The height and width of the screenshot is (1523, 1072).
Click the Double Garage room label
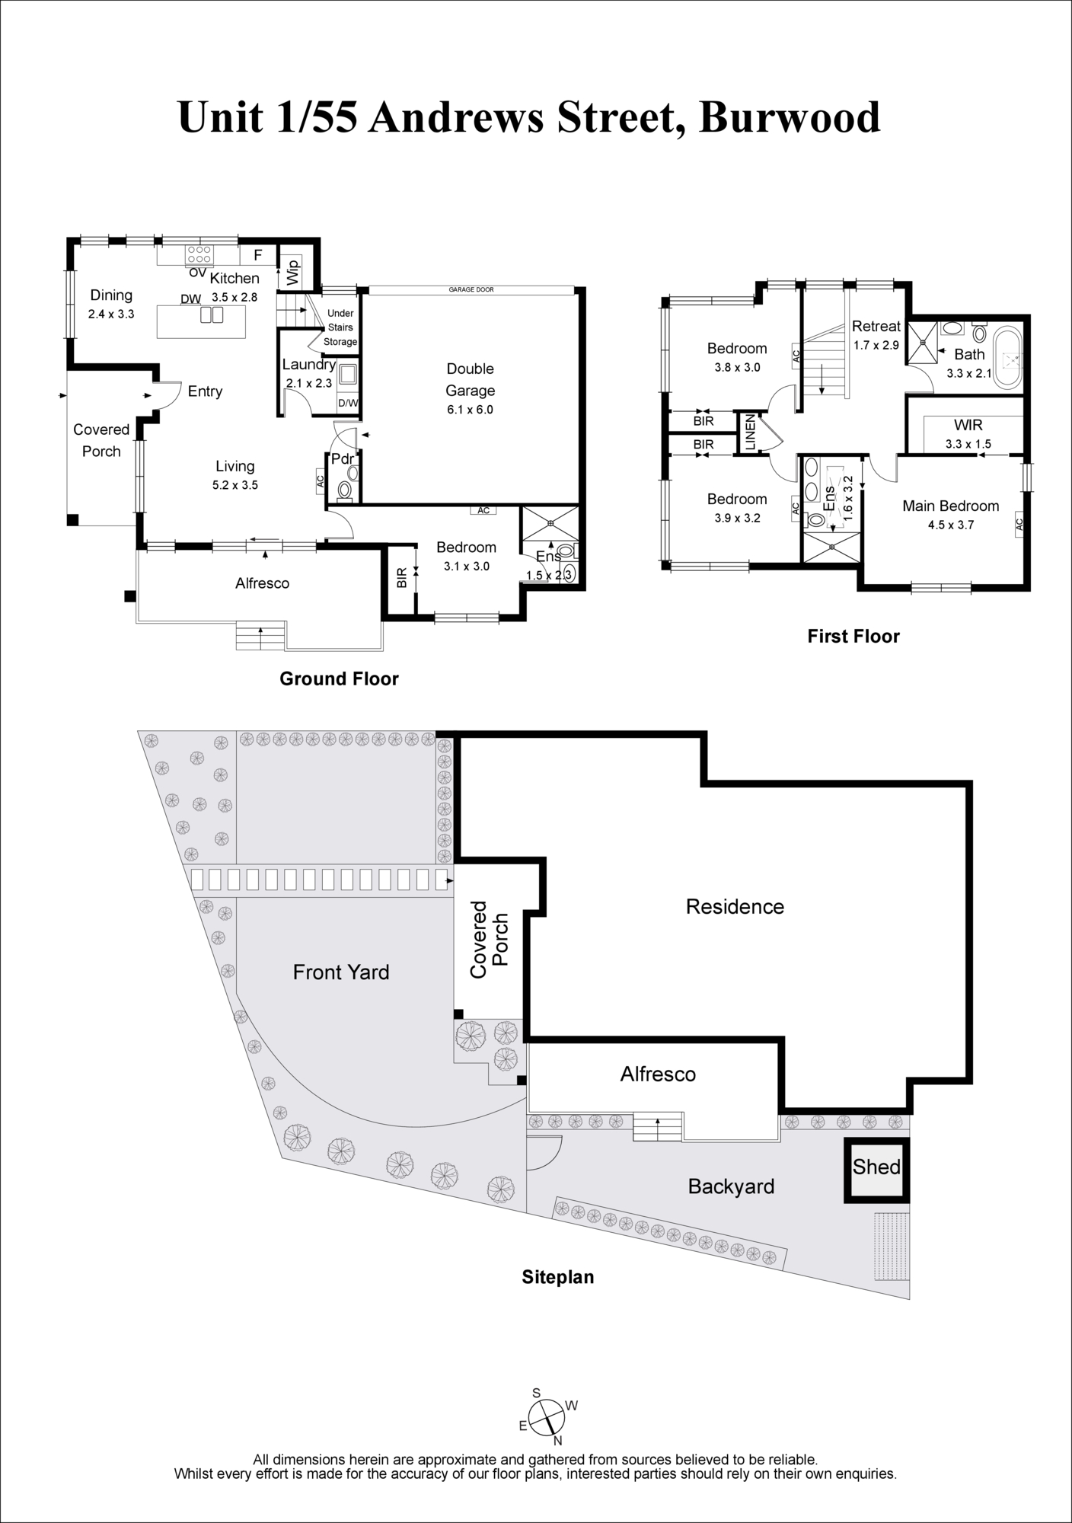coord(470,379)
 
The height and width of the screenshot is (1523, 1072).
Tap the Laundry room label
coord(308,364)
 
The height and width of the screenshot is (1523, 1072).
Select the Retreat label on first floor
coord(876,326)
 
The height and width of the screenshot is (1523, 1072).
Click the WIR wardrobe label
coord(968,426)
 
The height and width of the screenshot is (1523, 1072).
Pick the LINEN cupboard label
coord(750,433)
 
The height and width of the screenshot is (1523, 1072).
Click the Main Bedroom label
coord(950,506)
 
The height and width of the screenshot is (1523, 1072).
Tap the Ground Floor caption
coord(339,678)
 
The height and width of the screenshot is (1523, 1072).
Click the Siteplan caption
coord(557,1277)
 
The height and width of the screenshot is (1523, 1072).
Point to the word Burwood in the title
coord(790,118)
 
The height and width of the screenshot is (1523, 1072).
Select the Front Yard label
coord(341,972)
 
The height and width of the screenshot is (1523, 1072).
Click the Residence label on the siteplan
coord(735,906)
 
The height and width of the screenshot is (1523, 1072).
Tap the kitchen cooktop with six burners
coord(200,254)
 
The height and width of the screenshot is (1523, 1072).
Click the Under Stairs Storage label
coord(340,327)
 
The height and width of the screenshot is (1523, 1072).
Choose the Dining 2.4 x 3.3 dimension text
coord(111,313)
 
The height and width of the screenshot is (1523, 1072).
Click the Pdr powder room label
coord(342,459)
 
